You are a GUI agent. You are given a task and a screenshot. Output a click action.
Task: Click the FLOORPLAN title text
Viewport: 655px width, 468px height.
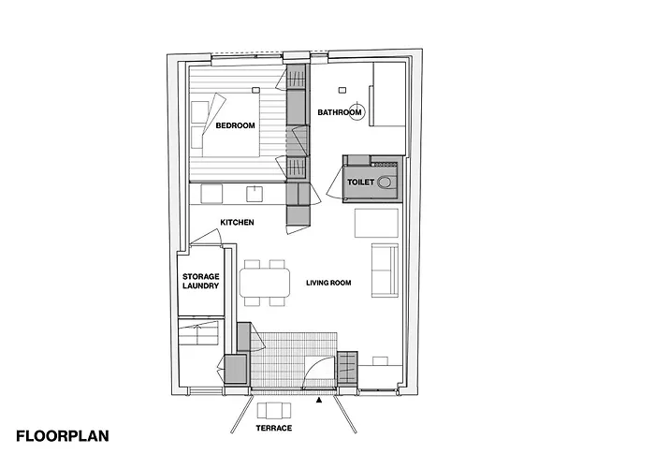(x=63, y=435)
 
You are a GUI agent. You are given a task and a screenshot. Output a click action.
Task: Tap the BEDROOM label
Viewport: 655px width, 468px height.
(x=235, y=124)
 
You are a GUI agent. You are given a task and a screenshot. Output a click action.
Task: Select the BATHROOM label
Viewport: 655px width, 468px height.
(x=339, y=112)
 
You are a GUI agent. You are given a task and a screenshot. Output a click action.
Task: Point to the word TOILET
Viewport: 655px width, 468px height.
(x=360, y=181)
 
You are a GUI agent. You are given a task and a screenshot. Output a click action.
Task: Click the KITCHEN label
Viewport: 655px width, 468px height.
(x=237, y=222)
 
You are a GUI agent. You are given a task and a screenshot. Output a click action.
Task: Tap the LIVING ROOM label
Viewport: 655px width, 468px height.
(x=328, y=281)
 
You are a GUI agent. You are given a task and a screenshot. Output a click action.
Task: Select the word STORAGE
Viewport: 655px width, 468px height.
(x=200, y=277)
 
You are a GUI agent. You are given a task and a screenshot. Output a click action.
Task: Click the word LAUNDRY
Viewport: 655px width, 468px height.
(x=200, y=286)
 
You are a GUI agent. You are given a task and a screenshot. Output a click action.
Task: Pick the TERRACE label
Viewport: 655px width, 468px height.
(x=273, y=429)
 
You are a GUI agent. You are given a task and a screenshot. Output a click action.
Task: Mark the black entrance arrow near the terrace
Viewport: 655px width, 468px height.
(x=320, y=400)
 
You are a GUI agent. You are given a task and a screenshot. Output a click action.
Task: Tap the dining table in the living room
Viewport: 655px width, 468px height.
(x=262, y=282)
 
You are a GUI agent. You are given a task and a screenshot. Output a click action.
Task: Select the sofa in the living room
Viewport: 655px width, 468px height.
(x=385, y=271)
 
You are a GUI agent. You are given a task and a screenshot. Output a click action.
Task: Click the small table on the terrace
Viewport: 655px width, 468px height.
(x=272, y=410)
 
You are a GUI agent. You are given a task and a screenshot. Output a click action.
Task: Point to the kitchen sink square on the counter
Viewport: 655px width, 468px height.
(x=254, y=193)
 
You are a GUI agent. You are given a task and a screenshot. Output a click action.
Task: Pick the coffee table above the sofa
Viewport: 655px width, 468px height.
(x=376, y=224)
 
